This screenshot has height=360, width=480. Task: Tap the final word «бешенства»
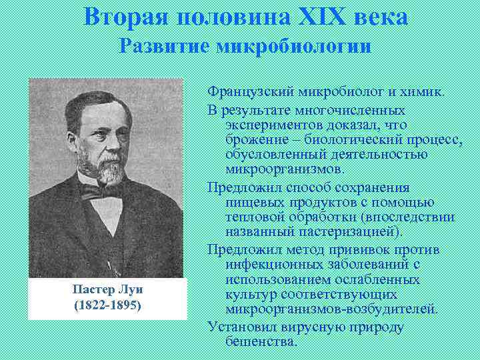pyautogui.click(x=260, y=341)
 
